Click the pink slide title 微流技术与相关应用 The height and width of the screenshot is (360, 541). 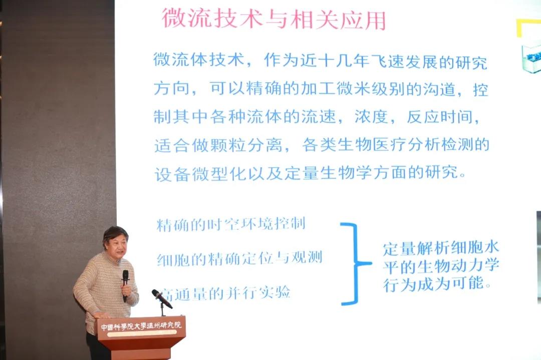[274, 19]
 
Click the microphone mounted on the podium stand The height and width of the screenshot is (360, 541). [162, 298]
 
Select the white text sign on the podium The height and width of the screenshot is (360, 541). [141, 325]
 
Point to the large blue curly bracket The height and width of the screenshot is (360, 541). [355, 264]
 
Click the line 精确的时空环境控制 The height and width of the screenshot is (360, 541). [231, 224]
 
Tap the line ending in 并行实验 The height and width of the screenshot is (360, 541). [226, 293]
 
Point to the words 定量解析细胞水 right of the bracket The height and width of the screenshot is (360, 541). [441, 248]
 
